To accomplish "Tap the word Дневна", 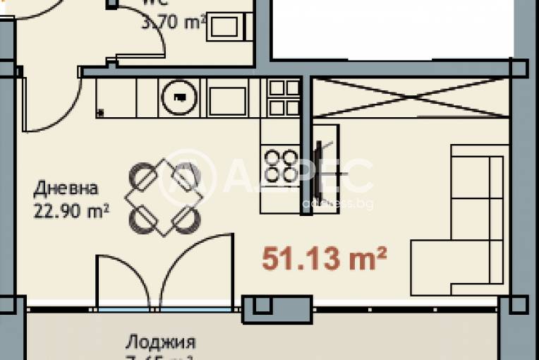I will (x=66, y=189).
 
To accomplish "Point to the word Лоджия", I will (x=160, y=342).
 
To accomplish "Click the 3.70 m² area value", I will (x=174, y=23).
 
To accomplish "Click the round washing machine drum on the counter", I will (x=179, y=98).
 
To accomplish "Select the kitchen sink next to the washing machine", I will (x=227, y=98).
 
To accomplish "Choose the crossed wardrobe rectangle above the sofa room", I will (x=410, y=97).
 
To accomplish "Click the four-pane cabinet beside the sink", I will (x=284, y=97).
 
